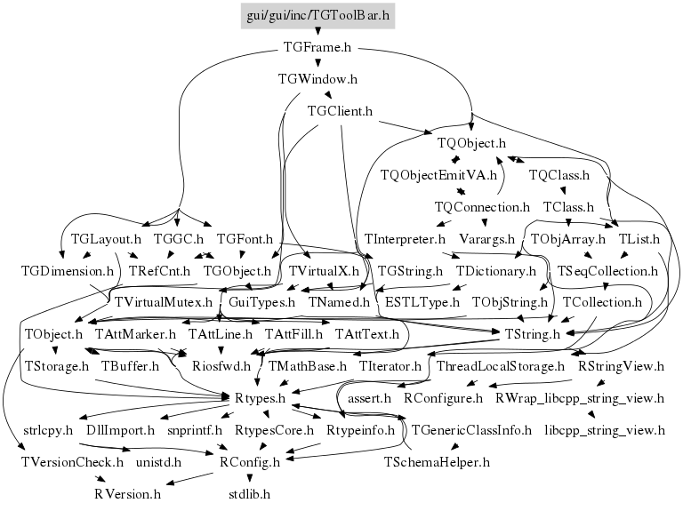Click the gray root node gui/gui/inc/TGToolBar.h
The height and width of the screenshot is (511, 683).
click(318, 16)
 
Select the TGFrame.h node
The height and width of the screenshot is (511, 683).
click(317, 47)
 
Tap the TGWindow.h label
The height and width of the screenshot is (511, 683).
click(317, 79)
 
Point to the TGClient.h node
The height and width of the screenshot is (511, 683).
click(339, 111)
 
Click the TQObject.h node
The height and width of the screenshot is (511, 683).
click(471, 143)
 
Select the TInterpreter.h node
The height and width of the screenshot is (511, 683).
click(405, 239)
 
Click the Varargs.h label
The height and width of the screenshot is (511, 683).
click(486, 239)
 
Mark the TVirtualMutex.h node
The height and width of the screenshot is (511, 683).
click(165, 302)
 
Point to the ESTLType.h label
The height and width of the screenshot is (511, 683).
click(417, 302)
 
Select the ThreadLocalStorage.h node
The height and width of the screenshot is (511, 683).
click(501, 365)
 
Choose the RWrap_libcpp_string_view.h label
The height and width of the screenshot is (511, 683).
click(579, 398)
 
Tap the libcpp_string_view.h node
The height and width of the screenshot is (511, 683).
click(605, 430)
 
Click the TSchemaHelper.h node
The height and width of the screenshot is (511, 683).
click(437, 462)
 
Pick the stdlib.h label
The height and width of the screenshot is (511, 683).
click(248, 493)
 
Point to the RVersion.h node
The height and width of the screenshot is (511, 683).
click(127, 493)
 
